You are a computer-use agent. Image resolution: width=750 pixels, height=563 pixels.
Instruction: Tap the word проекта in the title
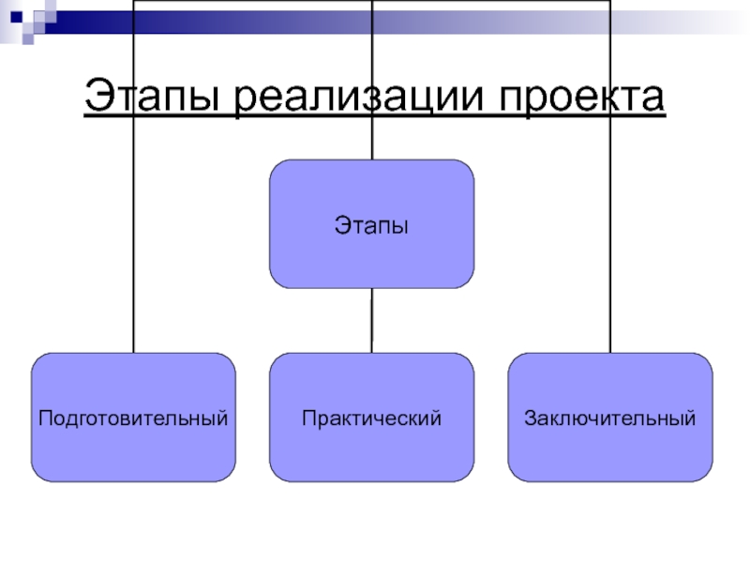coord(580,98)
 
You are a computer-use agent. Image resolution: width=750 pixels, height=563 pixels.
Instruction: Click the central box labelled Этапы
coord(372,253)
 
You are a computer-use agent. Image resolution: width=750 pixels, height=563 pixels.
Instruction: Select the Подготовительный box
coord(133,450)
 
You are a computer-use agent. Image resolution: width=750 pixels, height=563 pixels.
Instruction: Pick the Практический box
coord(372,450)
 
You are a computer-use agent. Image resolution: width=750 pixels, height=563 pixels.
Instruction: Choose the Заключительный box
coord(610,450)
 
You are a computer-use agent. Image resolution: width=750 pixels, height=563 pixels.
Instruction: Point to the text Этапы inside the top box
coord(372,225)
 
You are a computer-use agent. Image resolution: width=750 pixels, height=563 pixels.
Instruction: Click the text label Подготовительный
coord(133,416)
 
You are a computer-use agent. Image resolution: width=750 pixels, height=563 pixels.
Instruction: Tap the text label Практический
coord(372,416)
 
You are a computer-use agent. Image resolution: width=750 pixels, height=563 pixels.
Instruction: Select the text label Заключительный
coord(610,416)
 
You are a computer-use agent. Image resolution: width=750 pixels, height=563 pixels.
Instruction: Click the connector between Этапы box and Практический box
coord(372,320)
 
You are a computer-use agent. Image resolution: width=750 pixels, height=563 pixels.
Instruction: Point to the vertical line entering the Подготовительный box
coord(133,235)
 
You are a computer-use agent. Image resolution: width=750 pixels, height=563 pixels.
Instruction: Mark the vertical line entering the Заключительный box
coord(610,235)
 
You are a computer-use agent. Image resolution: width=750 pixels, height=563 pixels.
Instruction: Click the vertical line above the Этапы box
coord(372,56)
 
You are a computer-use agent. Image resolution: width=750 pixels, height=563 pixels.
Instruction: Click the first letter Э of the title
coord(97,98)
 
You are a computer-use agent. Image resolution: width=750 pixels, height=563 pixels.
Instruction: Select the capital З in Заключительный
coord(531,416)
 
